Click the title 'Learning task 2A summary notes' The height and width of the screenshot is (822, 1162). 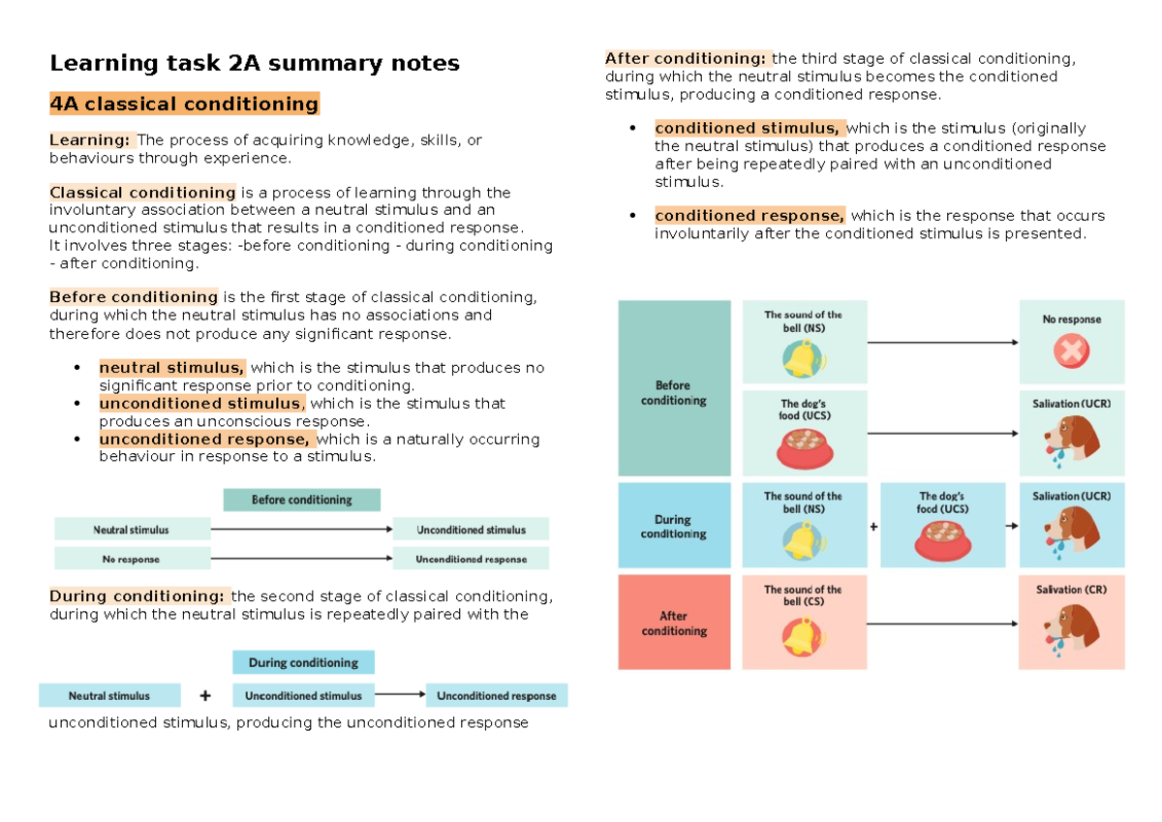255,65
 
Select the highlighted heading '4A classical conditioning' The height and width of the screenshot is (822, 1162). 184,105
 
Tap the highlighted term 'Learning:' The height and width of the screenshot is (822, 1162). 92,140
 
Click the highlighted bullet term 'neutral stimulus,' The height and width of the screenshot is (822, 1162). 172,368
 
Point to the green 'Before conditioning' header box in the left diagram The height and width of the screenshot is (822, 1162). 301,500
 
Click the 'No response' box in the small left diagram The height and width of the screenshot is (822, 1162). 132,559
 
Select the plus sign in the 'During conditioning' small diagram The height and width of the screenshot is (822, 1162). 204,695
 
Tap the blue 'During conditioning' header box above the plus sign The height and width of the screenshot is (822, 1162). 303,663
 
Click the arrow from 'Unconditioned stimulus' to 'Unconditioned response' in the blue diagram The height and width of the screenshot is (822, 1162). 399,694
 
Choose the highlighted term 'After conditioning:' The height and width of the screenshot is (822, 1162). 687,58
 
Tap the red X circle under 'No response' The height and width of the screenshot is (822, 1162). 1071,352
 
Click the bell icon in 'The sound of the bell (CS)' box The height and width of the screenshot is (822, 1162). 803,636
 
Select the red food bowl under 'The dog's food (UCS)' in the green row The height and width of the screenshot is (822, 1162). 804,447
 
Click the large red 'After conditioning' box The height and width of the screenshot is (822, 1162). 674,623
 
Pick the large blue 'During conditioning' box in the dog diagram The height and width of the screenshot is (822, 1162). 674,526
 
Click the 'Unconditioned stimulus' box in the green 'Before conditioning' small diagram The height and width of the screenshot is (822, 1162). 471,530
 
